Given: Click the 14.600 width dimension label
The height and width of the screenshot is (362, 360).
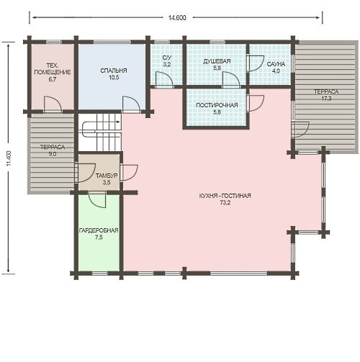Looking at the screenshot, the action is pyautogui.click(x=177, y=18).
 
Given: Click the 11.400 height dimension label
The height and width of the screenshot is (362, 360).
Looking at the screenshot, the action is pyautogui.click(x=9, y=158).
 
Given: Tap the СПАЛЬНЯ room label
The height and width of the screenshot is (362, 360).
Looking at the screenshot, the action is pyautogui.click(x=114, y=71).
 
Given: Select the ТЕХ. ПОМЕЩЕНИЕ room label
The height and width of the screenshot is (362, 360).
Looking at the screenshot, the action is pyautogui.click(x=53, y=69).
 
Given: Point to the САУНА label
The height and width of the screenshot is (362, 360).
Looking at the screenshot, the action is pyautogui.click(x=276, y=64).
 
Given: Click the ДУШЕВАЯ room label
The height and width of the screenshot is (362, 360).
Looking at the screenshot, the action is pyautogui.click(x=217, y=61).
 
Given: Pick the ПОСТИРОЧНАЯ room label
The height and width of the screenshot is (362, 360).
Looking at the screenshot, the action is pyautogui.click(x=217, y=105).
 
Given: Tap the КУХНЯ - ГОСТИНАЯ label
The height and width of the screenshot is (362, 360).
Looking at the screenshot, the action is pyautogui.click(x=225, y=196).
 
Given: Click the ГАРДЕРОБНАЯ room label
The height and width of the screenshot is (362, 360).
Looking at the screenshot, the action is pyautogui.click(x=99, y=230).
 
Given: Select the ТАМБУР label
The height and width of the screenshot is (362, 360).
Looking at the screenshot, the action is pyautogui.click(x=107, y=176).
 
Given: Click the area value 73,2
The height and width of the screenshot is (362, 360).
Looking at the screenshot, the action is pyautogui.click(x=225, y=203).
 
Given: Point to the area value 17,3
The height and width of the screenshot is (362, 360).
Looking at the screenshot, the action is pyautogui.click(x=326, y=99).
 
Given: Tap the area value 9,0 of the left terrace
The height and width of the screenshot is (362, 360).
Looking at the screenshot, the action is pyautogui.click(x=53, y=154).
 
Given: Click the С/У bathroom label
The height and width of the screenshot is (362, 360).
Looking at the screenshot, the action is pyautogui.click(x=167, y=58).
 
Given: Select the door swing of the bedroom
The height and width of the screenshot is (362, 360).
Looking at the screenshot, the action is pyautogui.click(x=131, y=104).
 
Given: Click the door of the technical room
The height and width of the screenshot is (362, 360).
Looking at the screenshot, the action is pyautogui.click(x=53, y=104).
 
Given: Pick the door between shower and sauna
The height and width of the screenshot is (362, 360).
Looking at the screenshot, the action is pyautogui.click(x=256, y=63).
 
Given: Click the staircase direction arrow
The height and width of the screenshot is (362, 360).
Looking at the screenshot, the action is pyautogui.click(x=117, y=122).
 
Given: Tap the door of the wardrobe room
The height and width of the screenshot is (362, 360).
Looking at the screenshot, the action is pyautogui.click(x=97, y=199).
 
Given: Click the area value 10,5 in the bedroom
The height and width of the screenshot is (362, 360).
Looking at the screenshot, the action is pyautogui.click(x=114, y=78).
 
